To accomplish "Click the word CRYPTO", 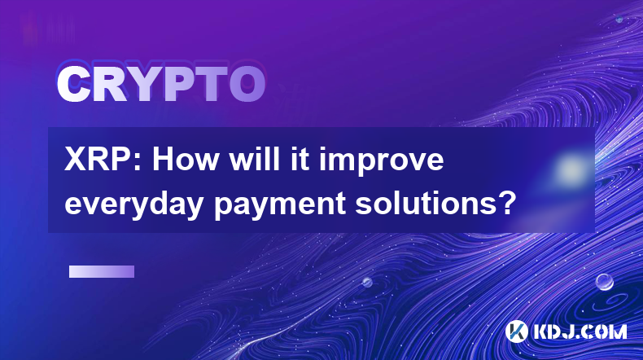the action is click(161, 84).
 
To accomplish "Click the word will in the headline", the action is click(253, 160).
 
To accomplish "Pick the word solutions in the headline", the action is click(422, 203).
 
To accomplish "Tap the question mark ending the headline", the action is click(504, 203).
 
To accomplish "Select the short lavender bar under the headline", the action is click(102, 272).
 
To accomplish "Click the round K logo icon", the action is click(517, 331).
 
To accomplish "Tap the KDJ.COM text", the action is click(580, 331).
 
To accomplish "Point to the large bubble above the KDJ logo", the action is click(605, 282).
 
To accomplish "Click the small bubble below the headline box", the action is click(366, 283).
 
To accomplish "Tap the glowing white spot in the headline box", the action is click(571, 169).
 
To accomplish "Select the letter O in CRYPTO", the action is click(247, 84).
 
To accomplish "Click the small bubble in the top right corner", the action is click(619, 19).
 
